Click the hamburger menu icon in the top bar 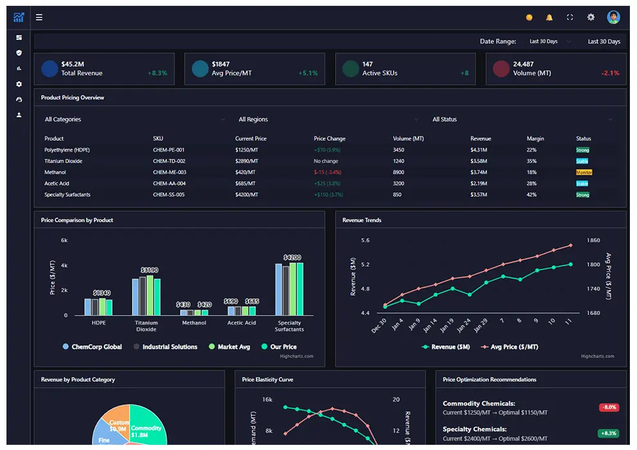tap(39, 17)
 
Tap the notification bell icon tap(549, 17)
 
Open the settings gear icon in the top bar tap(591, 17)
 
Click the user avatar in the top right tap(613, 17)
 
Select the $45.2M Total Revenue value tap(72, 64)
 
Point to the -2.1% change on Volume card tap(610, 73)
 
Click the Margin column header tap(535, 139)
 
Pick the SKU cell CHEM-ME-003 tap(169, 172)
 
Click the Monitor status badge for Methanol tap(584, 172)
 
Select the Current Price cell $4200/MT tap(246, 195)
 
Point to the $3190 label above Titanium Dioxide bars tap(149, 270)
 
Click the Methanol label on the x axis tap(194, 323)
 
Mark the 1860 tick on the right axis tap(593, 240)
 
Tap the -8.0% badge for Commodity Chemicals tap(608, 408)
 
